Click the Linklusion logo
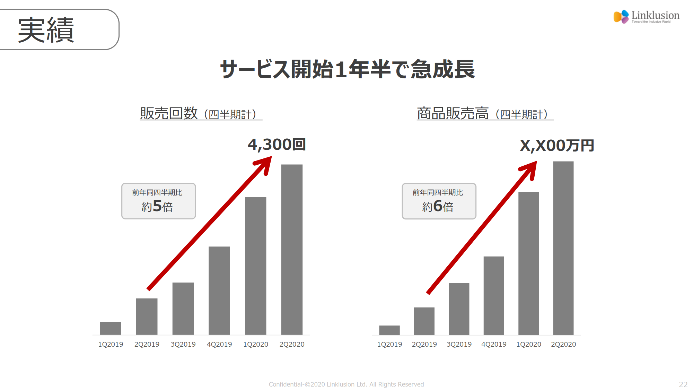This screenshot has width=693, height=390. click(x=646, y=16)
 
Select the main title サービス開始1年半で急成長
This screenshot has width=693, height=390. click(x=347, y=69)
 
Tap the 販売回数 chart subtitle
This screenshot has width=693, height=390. click(x=201, y=114)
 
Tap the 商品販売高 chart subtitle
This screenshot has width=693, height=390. click(x=485, y=114)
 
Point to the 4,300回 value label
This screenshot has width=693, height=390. click(x=277, y=145)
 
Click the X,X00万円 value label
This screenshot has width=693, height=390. click(x=557, y=146)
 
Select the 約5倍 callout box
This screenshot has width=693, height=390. click(x=158, y=201)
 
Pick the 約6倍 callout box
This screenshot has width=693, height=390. click(x=439, y=201)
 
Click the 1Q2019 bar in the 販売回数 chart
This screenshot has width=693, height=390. click(x=111, y=328)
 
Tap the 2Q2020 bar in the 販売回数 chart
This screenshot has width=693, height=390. click(x=292, y=250)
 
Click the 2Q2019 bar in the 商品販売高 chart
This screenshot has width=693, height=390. click(x=424, y=321)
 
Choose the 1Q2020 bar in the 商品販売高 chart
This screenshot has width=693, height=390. click(x=528, y=263)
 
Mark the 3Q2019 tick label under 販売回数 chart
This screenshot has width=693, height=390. click(x=183, y=344)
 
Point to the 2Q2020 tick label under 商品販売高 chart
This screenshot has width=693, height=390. click(x=563, y=344)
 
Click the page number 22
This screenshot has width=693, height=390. click(x=683, y=384)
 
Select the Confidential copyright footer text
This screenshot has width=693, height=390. click(x=346, y=384)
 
